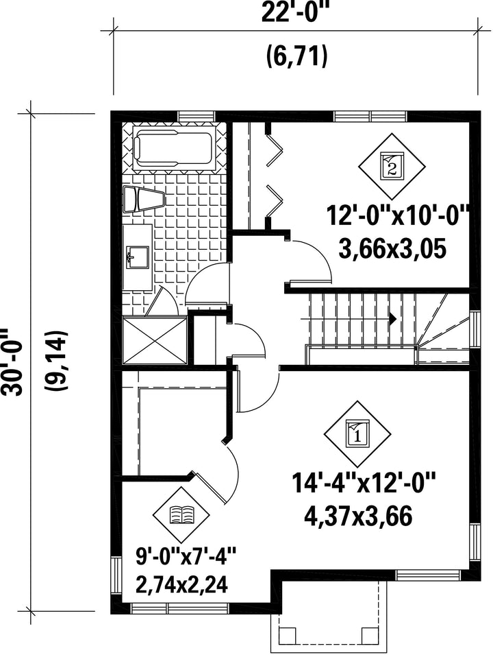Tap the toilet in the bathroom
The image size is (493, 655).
144,199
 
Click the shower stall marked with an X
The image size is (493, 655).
155,341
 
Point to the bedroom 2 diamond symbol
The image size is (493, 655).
392,166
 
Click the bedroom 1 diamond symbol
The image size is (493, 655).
357,434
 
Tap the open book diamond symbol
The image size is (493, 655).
181,514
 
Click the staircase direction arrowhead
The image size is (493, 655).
392,319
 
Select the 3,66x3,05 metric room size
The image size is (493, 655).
392,249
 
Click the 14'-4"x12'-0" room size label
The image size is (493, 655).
364,484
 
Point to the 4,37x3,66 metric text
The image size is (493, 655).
358,516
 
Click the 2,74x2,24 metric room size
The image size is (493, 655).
181,585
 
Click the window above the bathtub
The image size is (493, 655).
196,116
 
